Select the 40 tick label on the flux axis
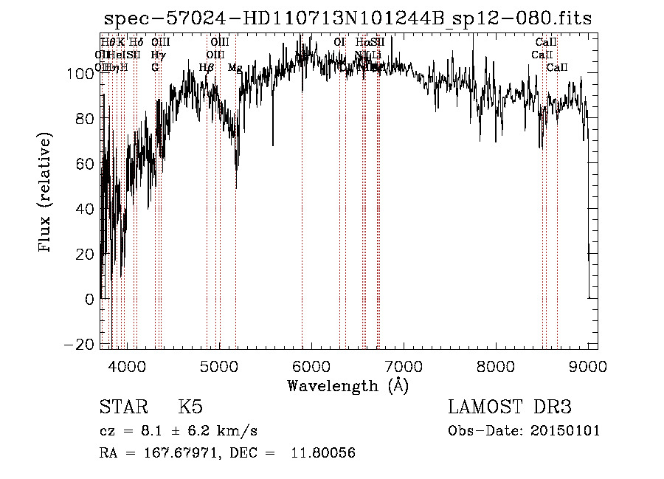pyautogui.click(x=86, y=209)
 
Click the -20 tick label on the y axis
pyautogui.click(x=82, y=345)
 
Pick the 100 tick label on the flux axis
pyautogui.click(x=81, y=73)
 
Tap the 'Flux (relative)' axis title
pyautogui.click(x=46, y=194)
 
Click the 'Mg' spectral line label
pyautogui.click(x=235, y=68)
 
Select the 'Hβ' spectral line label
pyautogui.click(x=207, y=68)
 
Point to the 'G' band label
pyautogui.click(x=155, y=67)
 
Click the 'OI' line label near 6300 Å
pyautogui.click(x=339, y=42)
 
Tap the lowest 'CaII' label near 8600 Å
pyautogui.click(x=557, y=68)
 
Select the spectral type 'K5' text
pyautogui.click(x=190, y=407)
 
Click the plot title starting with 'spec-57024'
pyautogui.click(x=347, y=18)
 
